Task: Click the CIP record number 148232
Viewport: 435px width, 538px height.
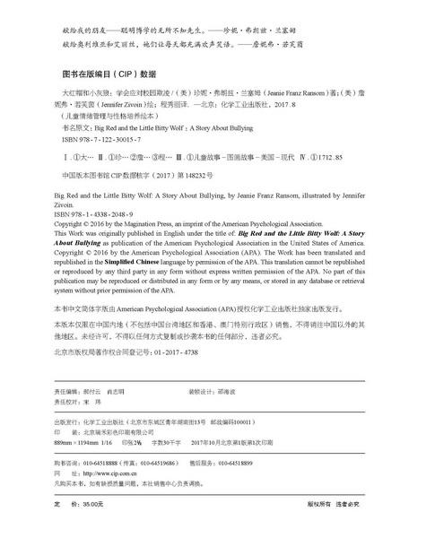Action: coord(196,174)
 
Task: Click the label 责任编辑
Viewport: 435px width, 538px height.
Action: coord(69,392)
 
